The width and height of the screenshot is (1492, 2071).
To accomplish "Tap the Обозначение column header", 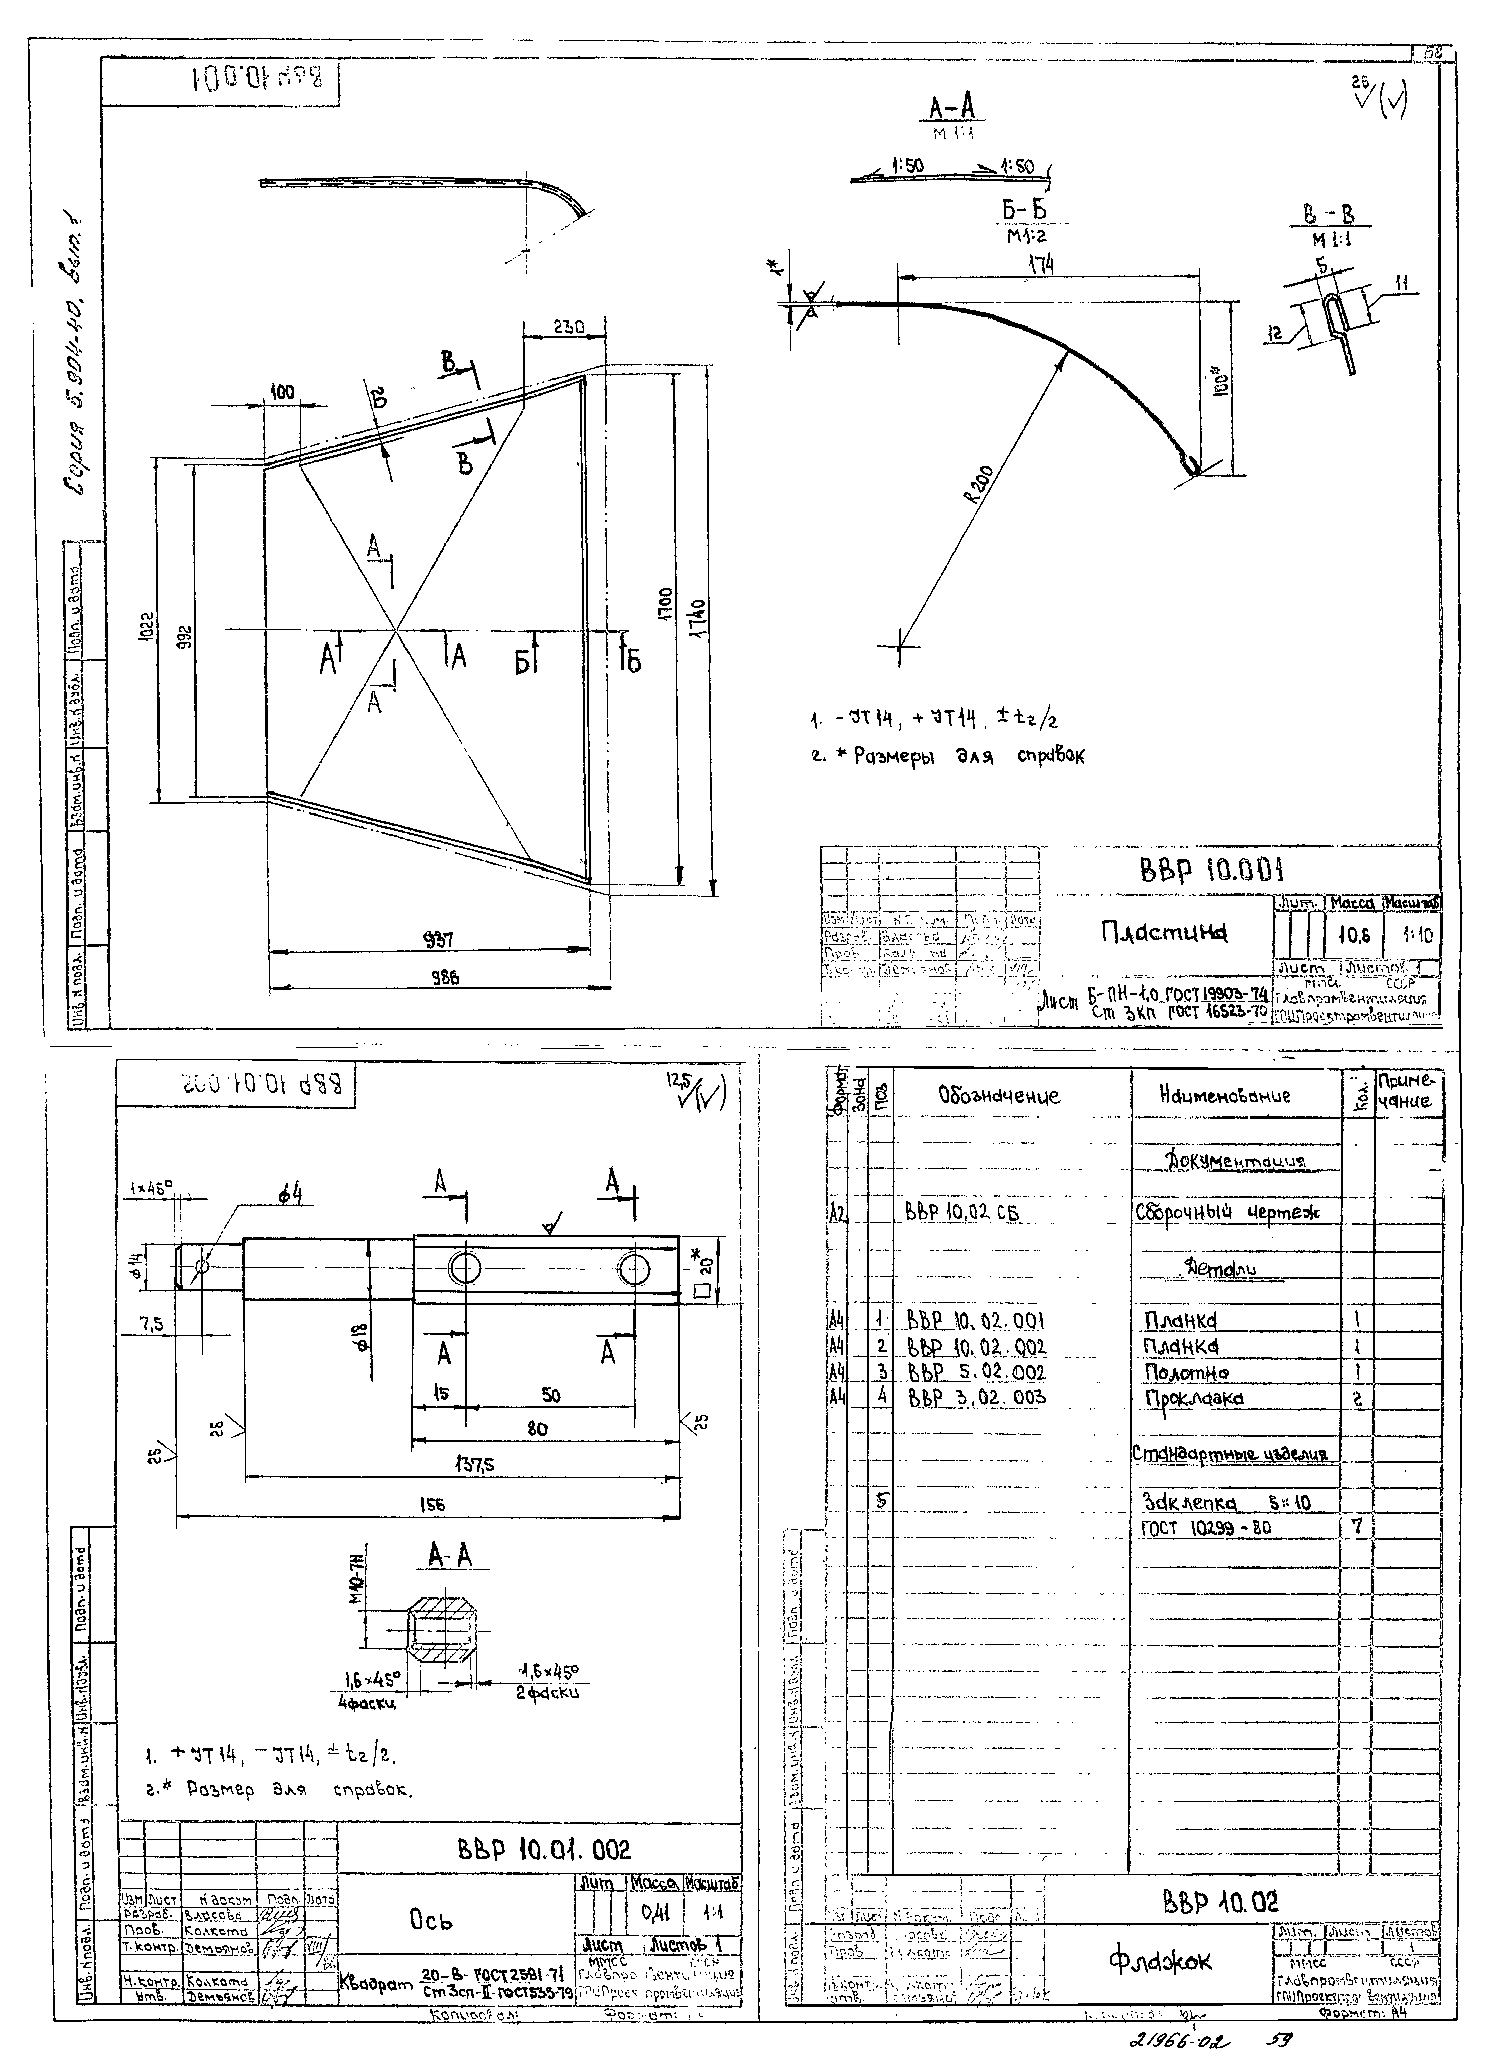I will point(999,1096).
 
